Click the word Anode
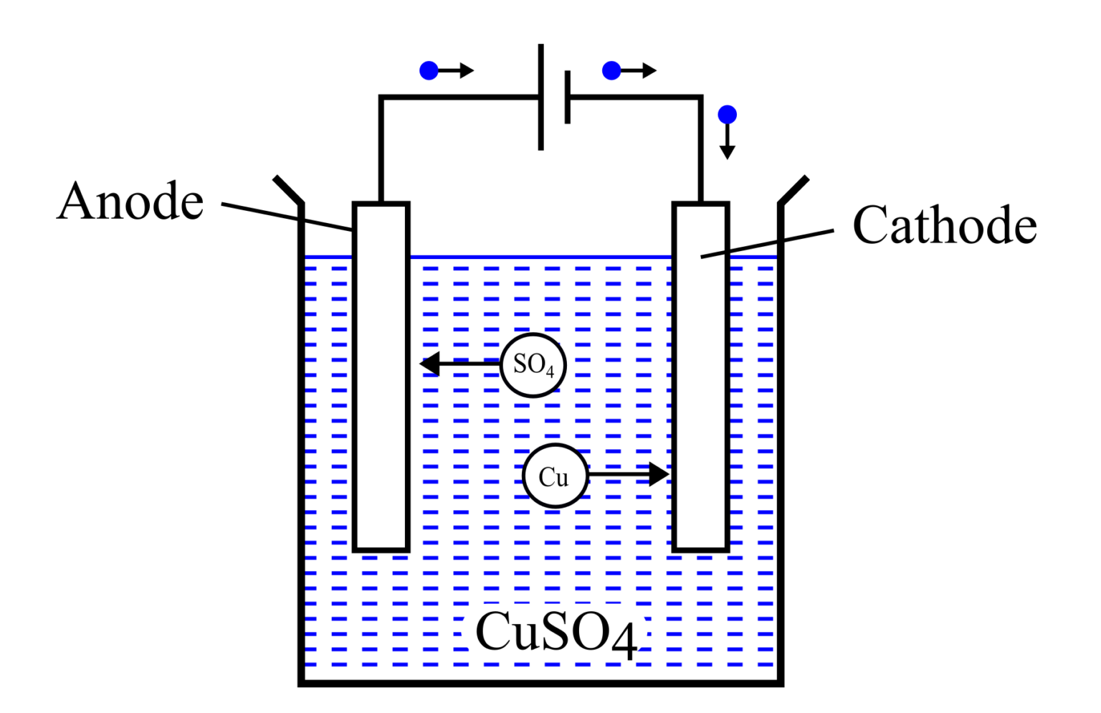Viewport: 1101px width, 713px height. click(x=130, y=202)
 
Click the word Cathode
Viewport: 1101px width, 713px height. click(x=944, y=225)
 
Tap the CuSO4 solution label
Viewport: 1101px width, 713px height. click(x=556, y=633)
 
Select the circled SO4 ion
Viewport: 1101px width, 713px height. click(x=533, y=365)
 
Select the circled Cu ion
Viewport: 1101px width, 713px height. click(x=554, y=476)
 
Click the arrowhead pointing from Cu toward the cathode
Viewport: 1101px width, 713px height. click(x=658, y=474)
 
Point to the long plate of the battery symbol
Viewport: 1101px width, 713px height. click(x=541, y=97)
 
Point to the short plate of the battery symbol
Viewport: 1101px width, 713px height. click(x=568, y=97)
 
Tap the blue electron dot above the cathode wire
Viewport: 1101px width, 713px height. click(x=727, y=115)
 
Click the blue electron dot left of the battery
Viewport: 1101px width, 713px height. click(x=429, y=70)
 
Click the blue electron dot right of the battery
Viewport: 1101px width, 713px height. click(x=611, y=70)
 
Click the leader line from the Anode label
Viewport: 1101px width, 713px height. click(x=287, y=217)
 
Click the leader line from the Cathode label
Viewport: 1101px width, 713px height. click(x=767, y=243)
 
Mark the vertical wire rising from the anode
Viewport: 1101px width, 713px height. click(x=381, y=151)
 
